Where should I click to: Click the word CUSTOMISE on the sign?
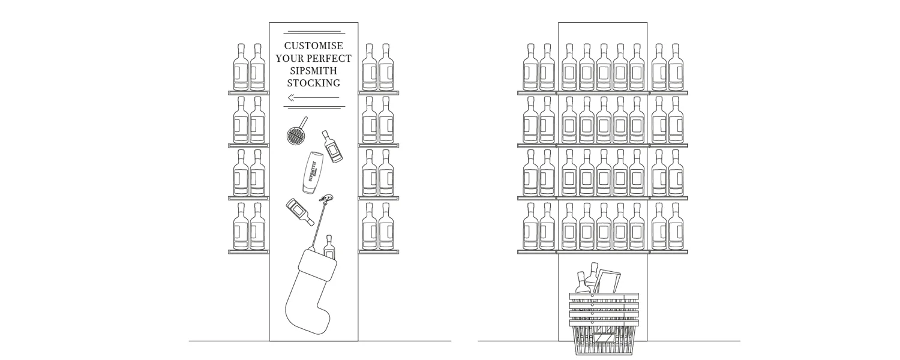coord(314,46)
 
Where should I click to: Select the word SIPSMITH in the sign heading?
coord(314,71)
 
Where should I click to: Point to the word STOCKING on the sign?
coord(314,83)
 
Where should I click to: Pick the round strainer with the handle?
coord(294,134)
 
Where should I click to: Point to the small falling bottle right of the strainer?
coord(332,146)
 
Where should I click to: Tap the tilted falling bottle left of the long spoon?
coord(299,211)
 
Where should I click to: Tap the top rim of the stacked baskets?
coord(604,295)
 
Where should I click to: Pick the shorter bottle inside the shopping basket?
coord(581,284)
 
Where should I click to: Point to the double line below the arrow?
coord(314,108)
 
